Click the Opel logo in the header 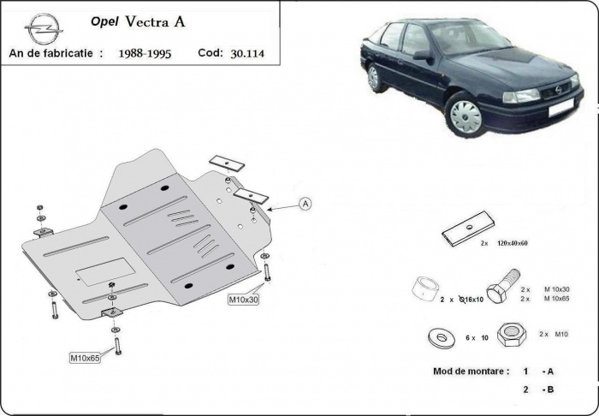pyautogui.click(x=40, y=28)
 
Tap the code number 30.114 pyautogui.click(x=249, y=53)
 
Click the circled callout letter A pyautogui.click(x=305, y=203)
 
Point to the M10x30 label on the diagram pyautogui.click(x=243, y=300)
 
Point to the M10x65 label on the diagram pyautogui.click(x=86, y=357)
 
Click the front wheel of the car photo pyautogui.click(x=466, y=116)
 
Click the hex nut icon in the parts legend pyautogui.click(x=512, y=335)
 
